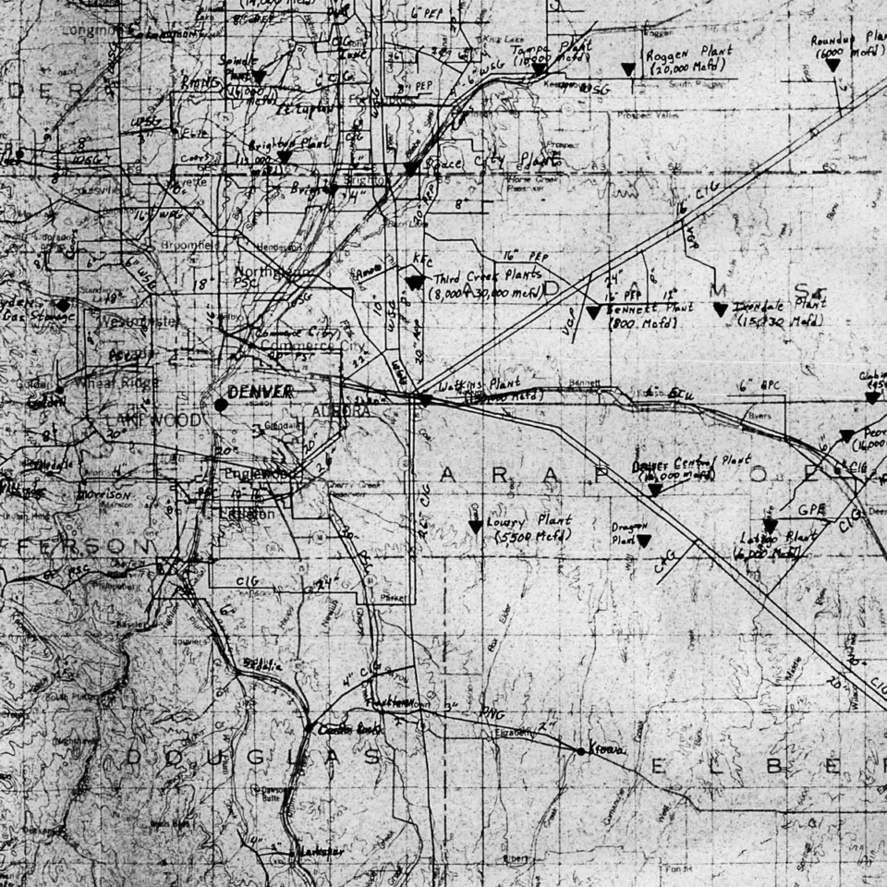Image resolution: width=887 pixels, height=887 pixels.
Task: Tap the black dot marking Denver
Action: coord(221,404)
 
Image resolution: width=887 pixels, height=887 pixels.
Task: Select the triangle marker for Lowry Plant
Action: coord(475,527)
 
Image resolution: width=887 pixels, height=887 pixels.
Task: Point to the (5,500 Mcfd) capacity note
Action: coord(533,536)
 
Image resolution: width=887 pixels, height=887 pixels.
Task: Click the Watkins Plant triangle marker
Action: coord(424,400)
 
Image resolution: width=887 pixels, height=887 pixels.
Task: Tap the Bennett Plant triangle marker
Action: coord(593,313)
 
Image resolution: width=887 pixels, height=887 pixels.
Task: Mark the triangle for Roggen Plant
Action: coord(628,69)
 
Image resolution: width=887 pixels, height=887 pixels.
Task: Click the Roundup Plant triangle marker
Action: coord(832,65)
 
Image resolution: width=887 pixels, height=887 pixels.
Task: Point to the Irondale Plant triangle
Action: coord(720,310)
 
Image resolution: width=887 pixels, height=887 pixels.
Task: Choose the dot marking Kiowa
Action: coord(580,751)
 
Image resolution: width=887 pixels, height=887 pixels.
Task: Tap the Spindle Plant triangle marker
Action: coord(260,77)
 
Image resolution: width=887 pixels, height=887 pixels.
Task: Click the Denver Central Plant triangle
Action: coord(654,490)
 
